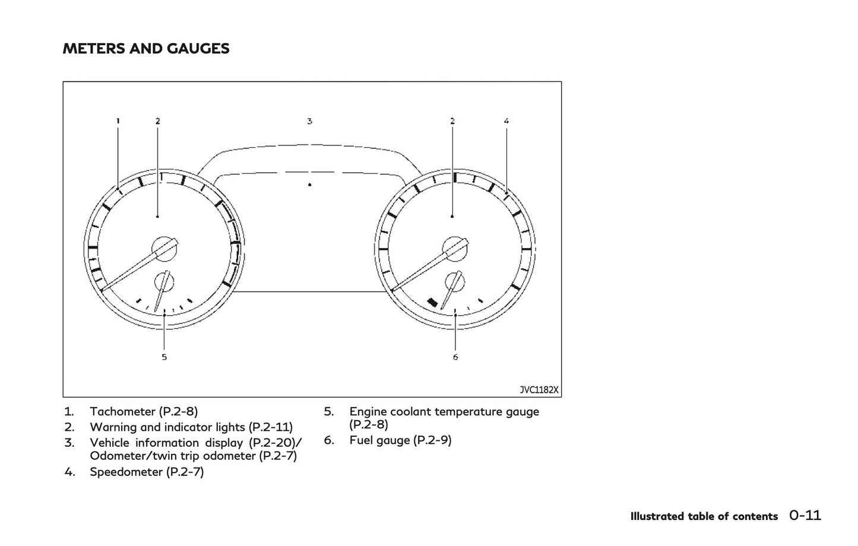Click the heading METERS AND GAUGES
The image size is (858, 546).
coord(146,49)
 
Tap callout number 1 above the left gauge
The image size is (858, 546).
coord(118,121)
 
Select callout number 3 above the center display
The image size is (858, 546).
coord(309,121)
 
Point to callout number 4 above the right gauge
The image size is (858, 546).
coord(506,121)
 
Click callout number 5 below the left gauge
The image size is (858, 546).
coord(164,357)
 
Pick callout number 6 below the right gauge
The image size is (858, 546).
coord(455,357)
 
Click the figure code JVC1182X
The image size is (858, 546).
coord(539,389)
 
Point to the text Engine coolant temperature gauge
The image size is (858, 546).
coord(444,411)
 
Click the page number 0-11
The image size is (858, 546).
coord(805,515)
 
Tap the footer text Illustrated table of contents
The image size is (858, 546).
coord(704,516)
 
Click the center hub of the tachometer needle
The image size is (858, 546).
coord(164,249)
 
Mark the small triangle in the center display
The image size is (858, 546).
coord(310,185)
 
